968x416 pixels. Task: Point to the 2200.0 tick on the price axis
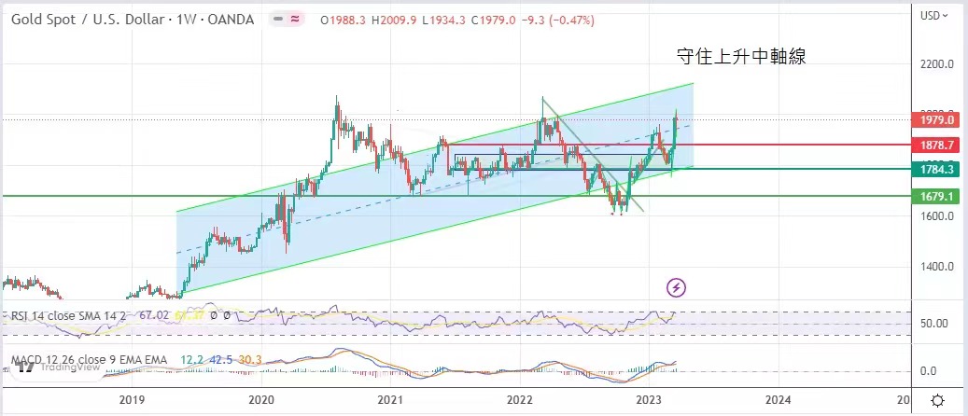coord(937,65)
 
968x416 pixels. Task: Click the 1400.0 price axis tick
coord(937,267)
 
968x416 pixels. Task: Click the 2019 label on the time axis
coord(133,399)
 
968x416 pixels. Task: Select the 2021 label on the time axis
coord(390,399)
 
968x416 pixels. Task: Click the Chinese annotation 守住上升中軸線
coord(740,57)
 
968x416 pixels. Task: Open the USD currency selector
coord(935,16)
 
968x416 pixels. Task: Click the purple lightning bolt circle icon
coord(677,287)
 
